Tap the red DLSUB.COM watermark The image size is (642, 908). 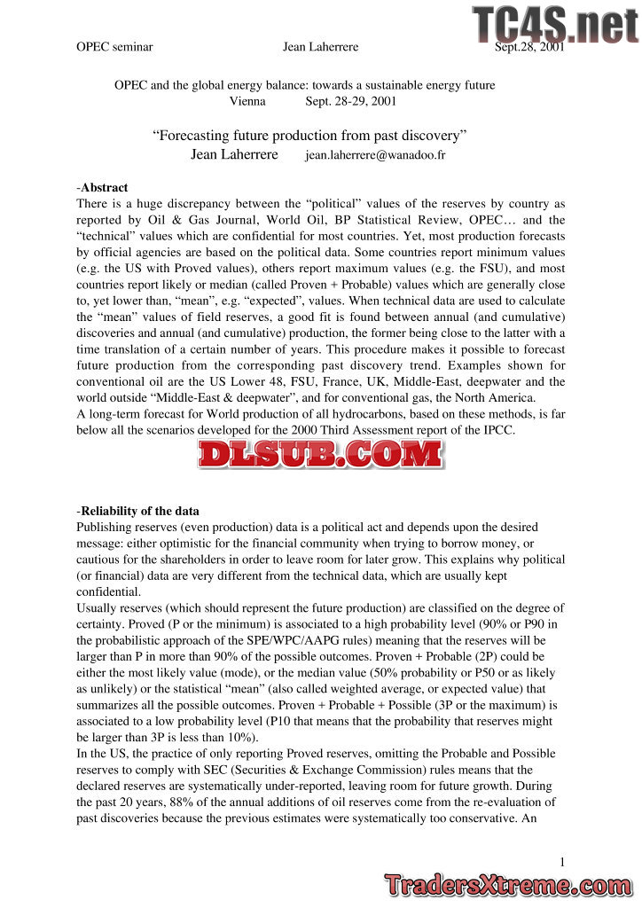pyautogui.click(x=320, y=454)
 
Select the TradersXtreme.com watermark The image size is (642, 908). pyautogui.click(x=508, y=884)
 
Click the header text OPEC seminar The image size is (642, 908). pyautogui.click(x=115, y=47)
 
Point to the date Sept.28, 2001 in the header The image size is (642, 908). pyautogui.click(x=529, y=47)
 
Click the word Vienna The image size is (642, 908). pyautogui.click(x=247, y=101)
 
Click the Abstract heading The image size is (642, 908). pyautogui.click(x=104, y=188)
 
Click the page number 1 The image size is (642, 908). pyautogui.click(x=562, y=862)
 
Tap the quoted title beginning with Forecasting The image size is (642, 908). pyautogui.click(x=309, y=136)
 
